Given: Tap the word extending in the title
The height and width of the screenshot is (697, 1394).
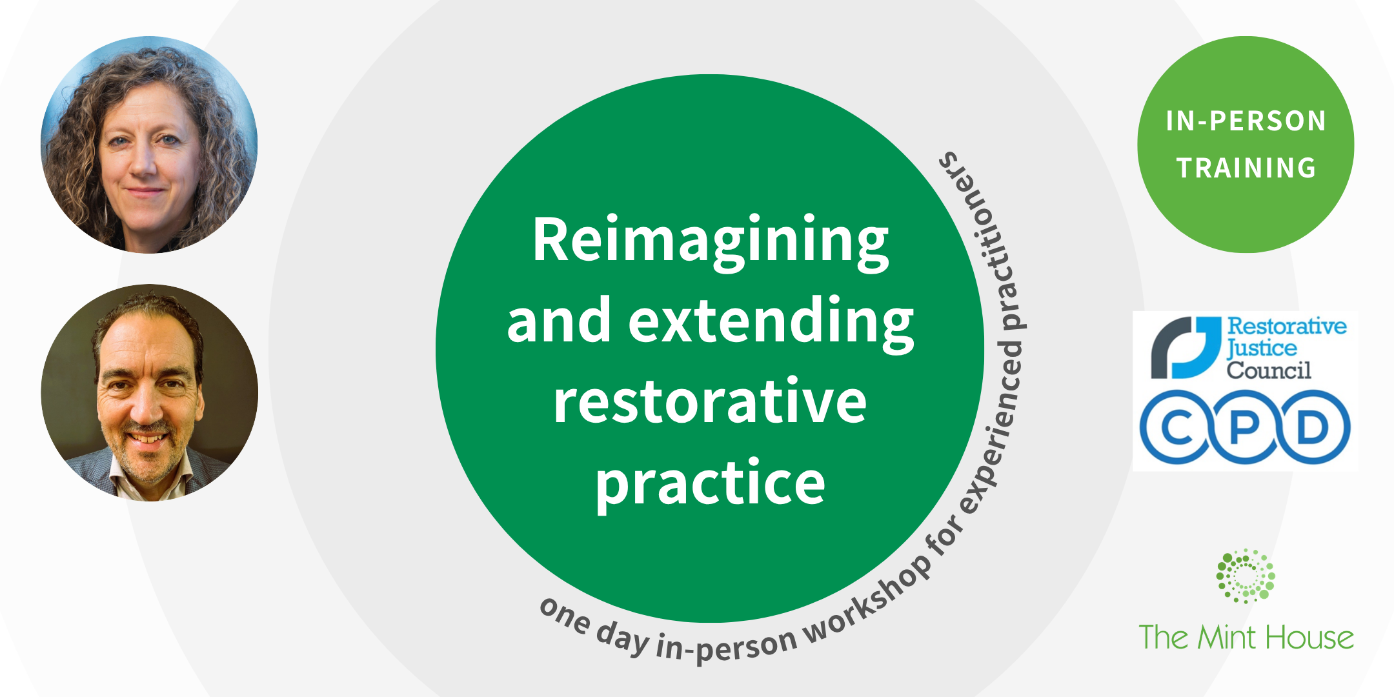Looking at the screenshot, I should click(771, 321).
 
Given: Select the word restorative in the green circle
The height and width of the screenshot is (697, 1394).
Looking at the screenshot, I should click(710, 402).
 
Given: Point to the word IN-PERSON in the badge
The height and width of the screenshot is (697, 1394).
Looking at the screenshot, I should click(1246, 121).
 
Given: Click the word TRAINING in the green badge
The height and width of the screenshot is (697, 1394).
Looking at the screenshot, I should click(1246, 168).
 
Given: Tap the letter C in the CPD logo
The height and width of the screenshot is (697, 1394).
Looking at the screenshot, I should click(1178, 427).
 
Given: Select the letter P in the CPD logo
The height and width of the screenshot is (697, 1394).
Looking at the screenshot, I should click(1245, 427).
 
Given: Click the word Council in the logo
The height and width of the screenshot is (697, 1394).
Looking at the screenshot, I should click(1269, 370).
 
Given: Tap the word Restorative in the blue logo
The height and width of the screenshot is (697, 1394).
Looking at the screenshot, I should click(1286, 327).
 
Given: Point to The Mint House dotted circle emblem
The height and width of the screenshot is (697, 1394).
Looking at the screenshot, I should click(1246, 576).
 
